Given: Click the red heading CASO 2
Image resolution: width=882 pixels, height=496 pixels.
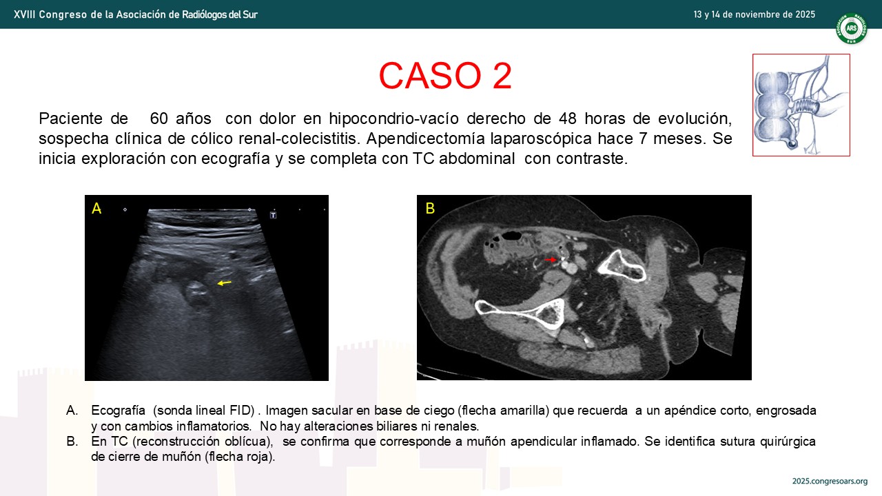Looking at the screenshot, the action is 445,76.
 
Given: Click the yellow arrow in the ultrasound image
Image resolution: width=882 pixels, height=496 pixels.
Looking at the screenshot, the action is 225,282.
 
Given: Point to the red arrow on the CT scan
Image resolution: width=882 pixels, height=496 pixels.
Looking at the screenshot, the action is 550,260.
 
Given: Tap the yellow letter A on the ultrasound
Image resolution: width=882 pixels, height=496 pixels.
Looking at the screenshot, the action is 96,208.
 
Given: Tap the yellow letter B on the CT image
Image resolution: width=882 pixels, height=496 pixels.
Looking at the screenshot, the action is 430,208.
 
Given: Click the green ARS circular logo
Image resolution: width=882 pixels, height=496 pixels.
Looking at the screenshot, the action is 851,28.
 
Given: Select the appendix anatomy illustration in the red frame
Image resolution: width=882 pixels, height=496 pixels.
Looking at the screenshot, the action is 801,105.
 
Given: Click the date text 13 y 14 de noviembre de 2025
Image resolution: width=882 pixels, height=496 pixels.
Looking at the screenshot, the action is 755,14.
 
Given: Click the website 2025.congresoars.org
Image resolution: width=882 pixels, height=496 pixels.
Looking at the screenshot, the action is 830,481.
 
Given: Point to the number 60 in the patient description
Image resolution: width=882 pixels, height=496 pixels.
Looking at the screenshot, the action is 159,118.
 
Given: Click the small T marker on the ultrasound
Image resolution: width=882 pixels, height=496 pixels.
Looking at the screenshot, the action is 274,215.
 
